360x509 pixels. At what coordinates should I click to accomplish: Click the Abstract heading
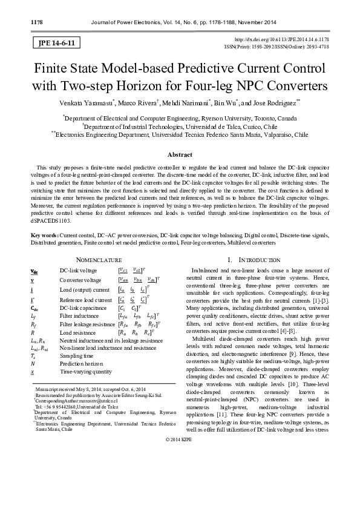pos(180,155)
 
